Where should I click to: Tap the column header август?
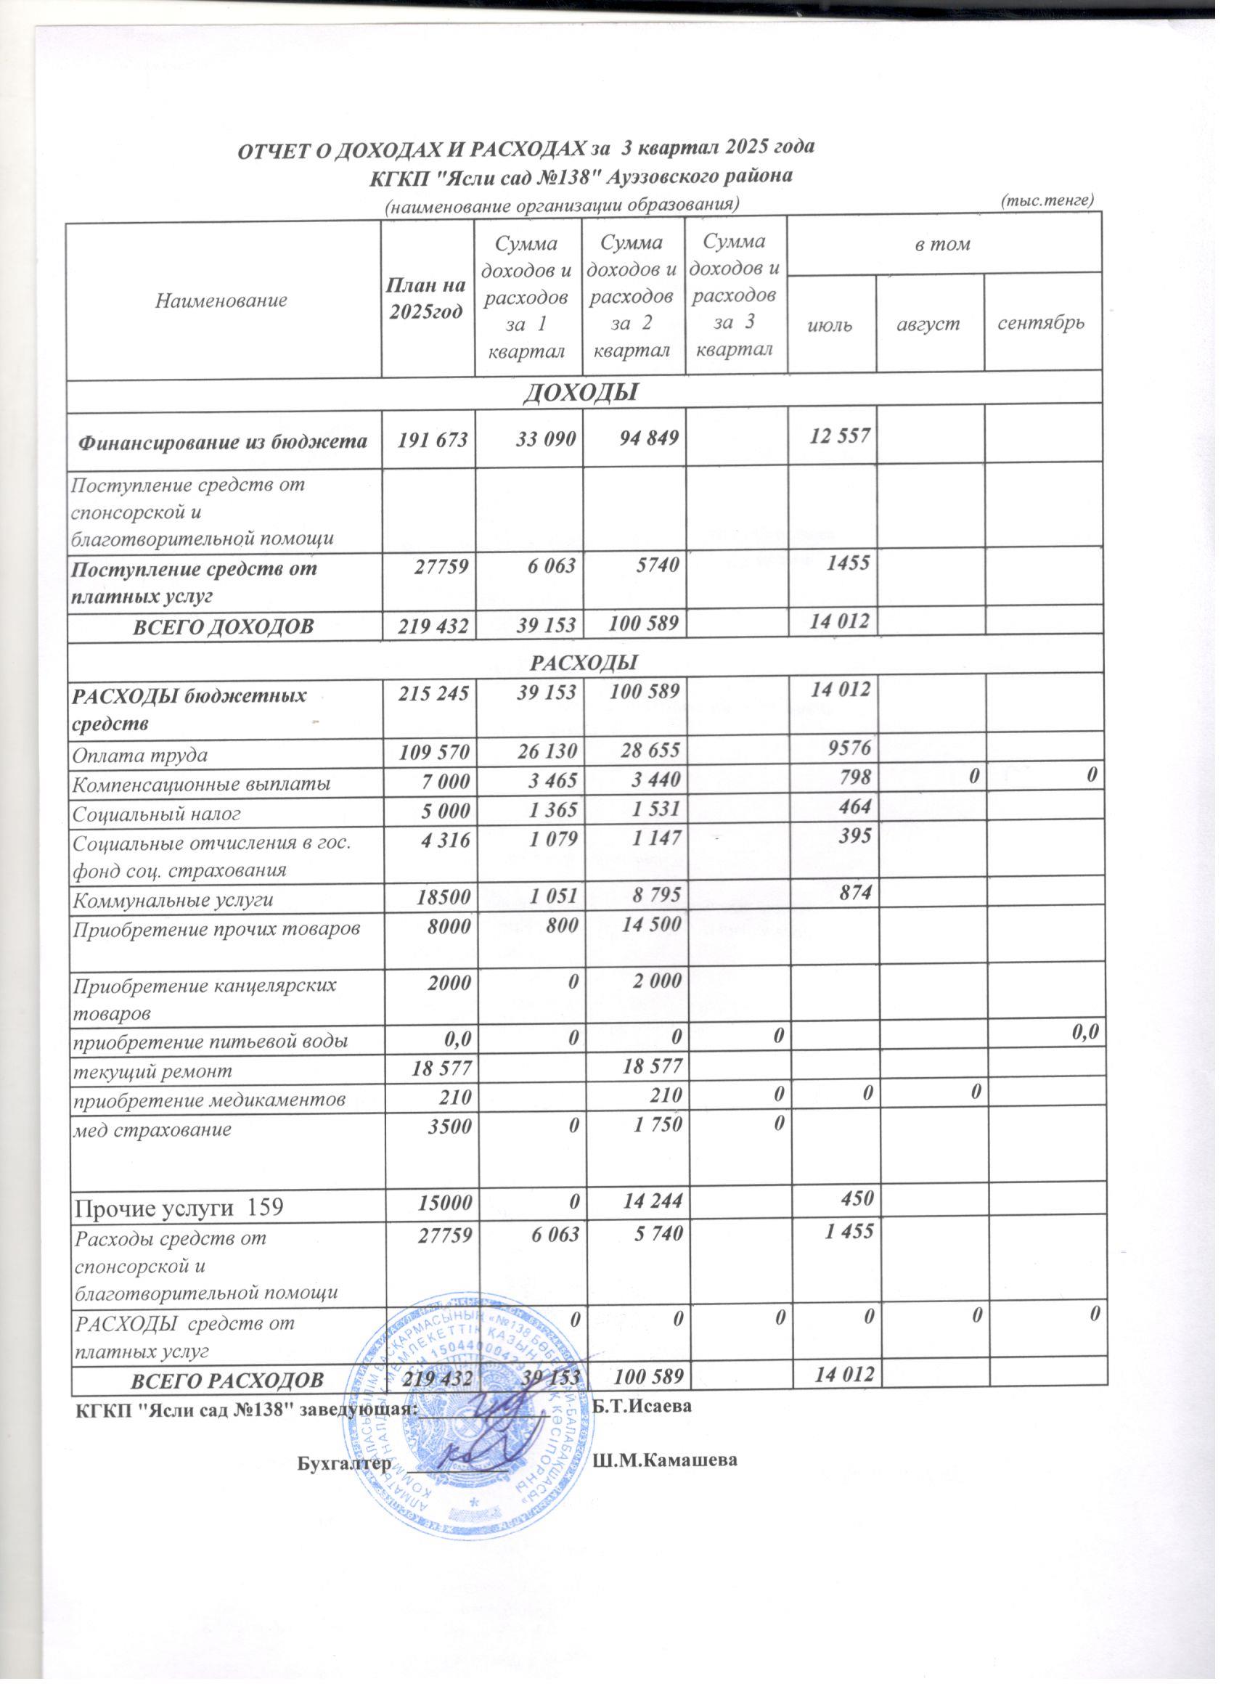click(x=930, y=324)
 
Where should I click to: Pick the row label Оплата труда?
click(x=140, y=755)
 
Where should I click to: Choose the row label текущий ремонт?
click(x=152, y=1071)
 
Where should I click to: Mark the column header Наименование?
click(x=221, y=300)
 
